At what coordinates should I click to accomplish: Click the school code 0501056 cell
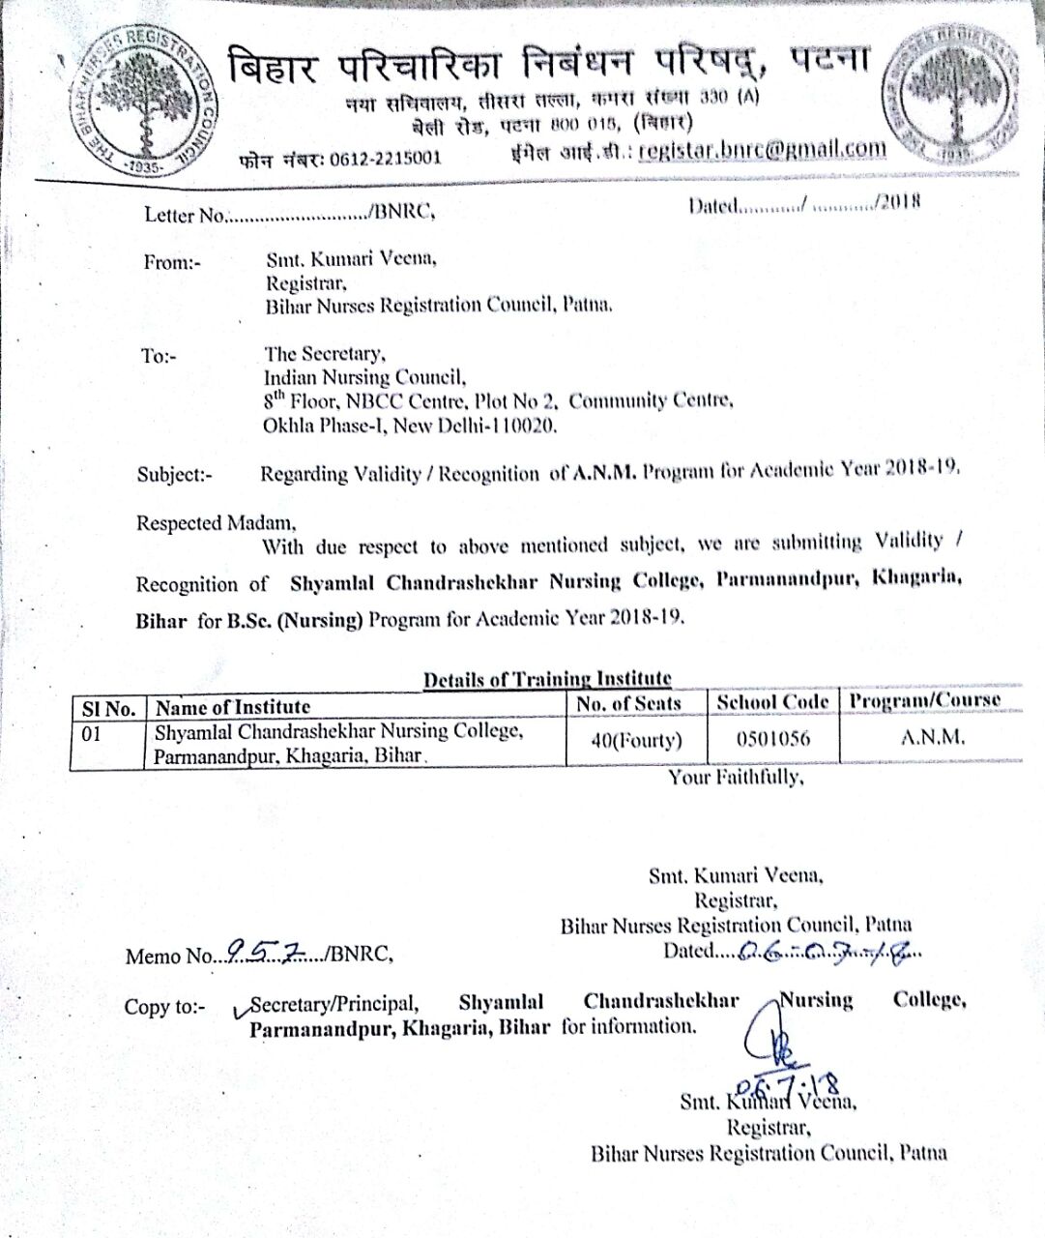click(773, 740)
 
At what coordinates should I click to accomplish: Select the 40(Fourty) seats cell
click(636, 741)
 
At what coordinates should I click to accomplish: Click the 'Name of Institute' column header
click(233, 707)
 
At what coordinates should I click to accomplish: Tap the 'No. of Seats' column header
click(628, 703)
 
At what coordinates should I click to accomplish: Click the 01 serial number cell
click(92, 734)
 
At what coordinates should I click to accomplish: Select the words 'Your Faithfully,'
click(736, 777)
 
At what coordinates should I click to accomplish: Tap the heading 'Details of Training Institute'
click(547, 679)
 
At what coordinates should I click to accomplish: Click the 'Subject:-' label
click(174, 474)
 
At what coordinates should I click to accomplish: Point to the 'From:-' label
click(172, 262)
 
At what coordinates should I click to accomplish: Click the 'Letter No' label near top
click(185, 215)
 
